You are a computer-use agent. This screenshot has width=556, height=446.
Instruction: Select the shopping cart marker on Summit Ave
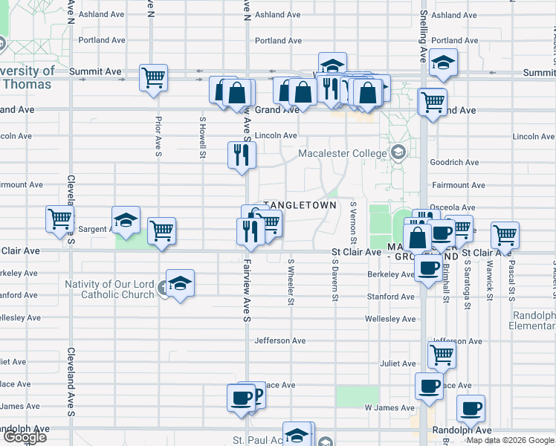pyautogui.click(x=154, y=77)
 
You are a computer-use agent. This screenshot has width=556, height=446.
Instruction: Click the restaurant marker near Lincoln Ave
pyautogui.click(x=242, y=155)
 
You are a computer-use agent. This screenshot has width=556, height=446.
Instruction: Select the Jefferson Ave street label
pyautogui.click(x=280, y=341)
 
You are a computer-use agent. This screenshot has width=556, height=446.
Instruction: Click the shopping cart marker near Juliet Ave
pyautogui.click(x=442, y=355)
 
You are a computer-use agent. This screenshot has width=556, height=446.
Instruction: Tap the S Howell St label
pyautogui.click(x=202, y=136)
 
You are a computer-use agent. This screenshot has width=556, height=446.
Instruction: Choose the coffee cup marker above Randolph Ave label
pyautogui.click(x=470, y=408)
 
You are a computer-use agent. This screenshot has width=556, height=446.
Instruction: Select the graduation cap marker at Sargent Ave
pyautogui.click(x=126, y=220)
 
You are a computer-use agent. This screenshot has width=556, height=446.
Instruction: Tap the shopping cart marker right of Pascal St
pyautogui.click(x=505, y=236)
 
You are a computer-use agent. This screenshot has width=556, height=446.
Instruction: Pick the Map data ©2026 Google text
pyautogui.click(x=510, y=440)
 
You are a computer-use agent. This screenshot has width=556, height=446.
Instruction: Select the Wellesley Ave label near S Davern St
pyautogui.click(x=389, y=319)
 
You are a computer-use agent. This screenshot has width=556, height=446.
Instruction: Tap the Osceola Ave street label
pyautogui.click(x=457, y=208)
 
